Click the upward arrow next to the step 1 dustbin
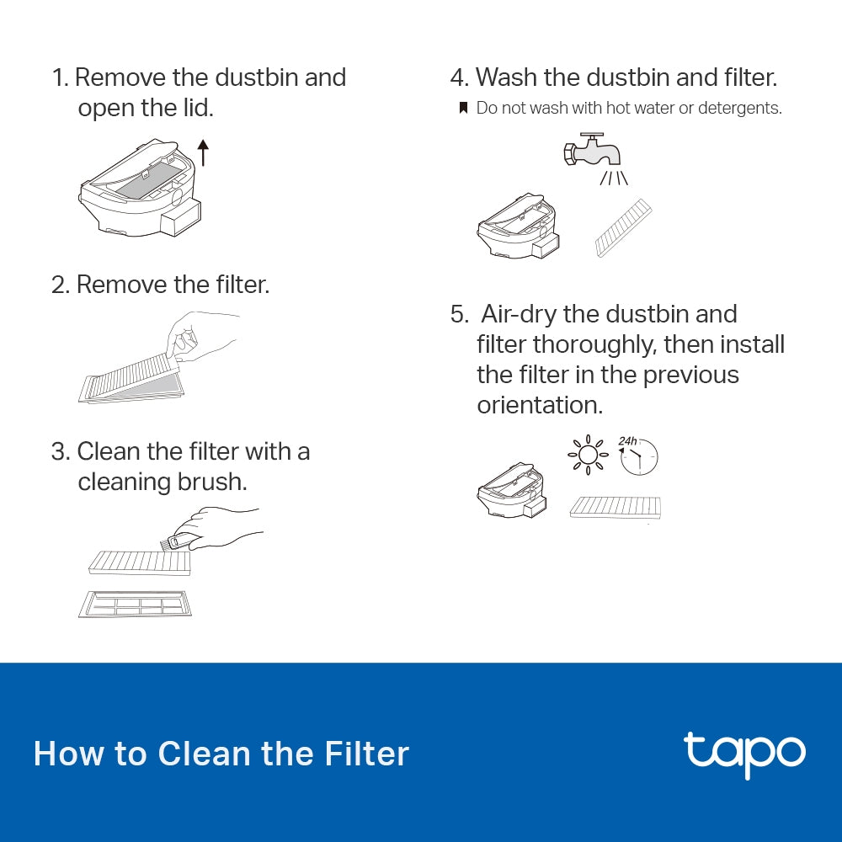coord(202,153)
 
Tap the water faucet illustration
coord(594,152)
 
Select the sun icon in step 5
coord(588,455)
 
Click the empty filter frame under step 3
coord(135,603)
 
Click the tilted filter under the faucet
coord(623,227)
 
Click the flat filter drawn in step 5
coord(616,507)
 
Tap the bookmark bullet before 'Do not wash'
coord(462,109)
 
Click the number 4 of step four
coord(457,77)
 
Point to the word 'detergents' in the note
coord(740,109)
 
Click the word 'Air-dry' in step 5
coord(517,314)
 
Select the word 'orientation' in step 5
coord(540,405)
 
